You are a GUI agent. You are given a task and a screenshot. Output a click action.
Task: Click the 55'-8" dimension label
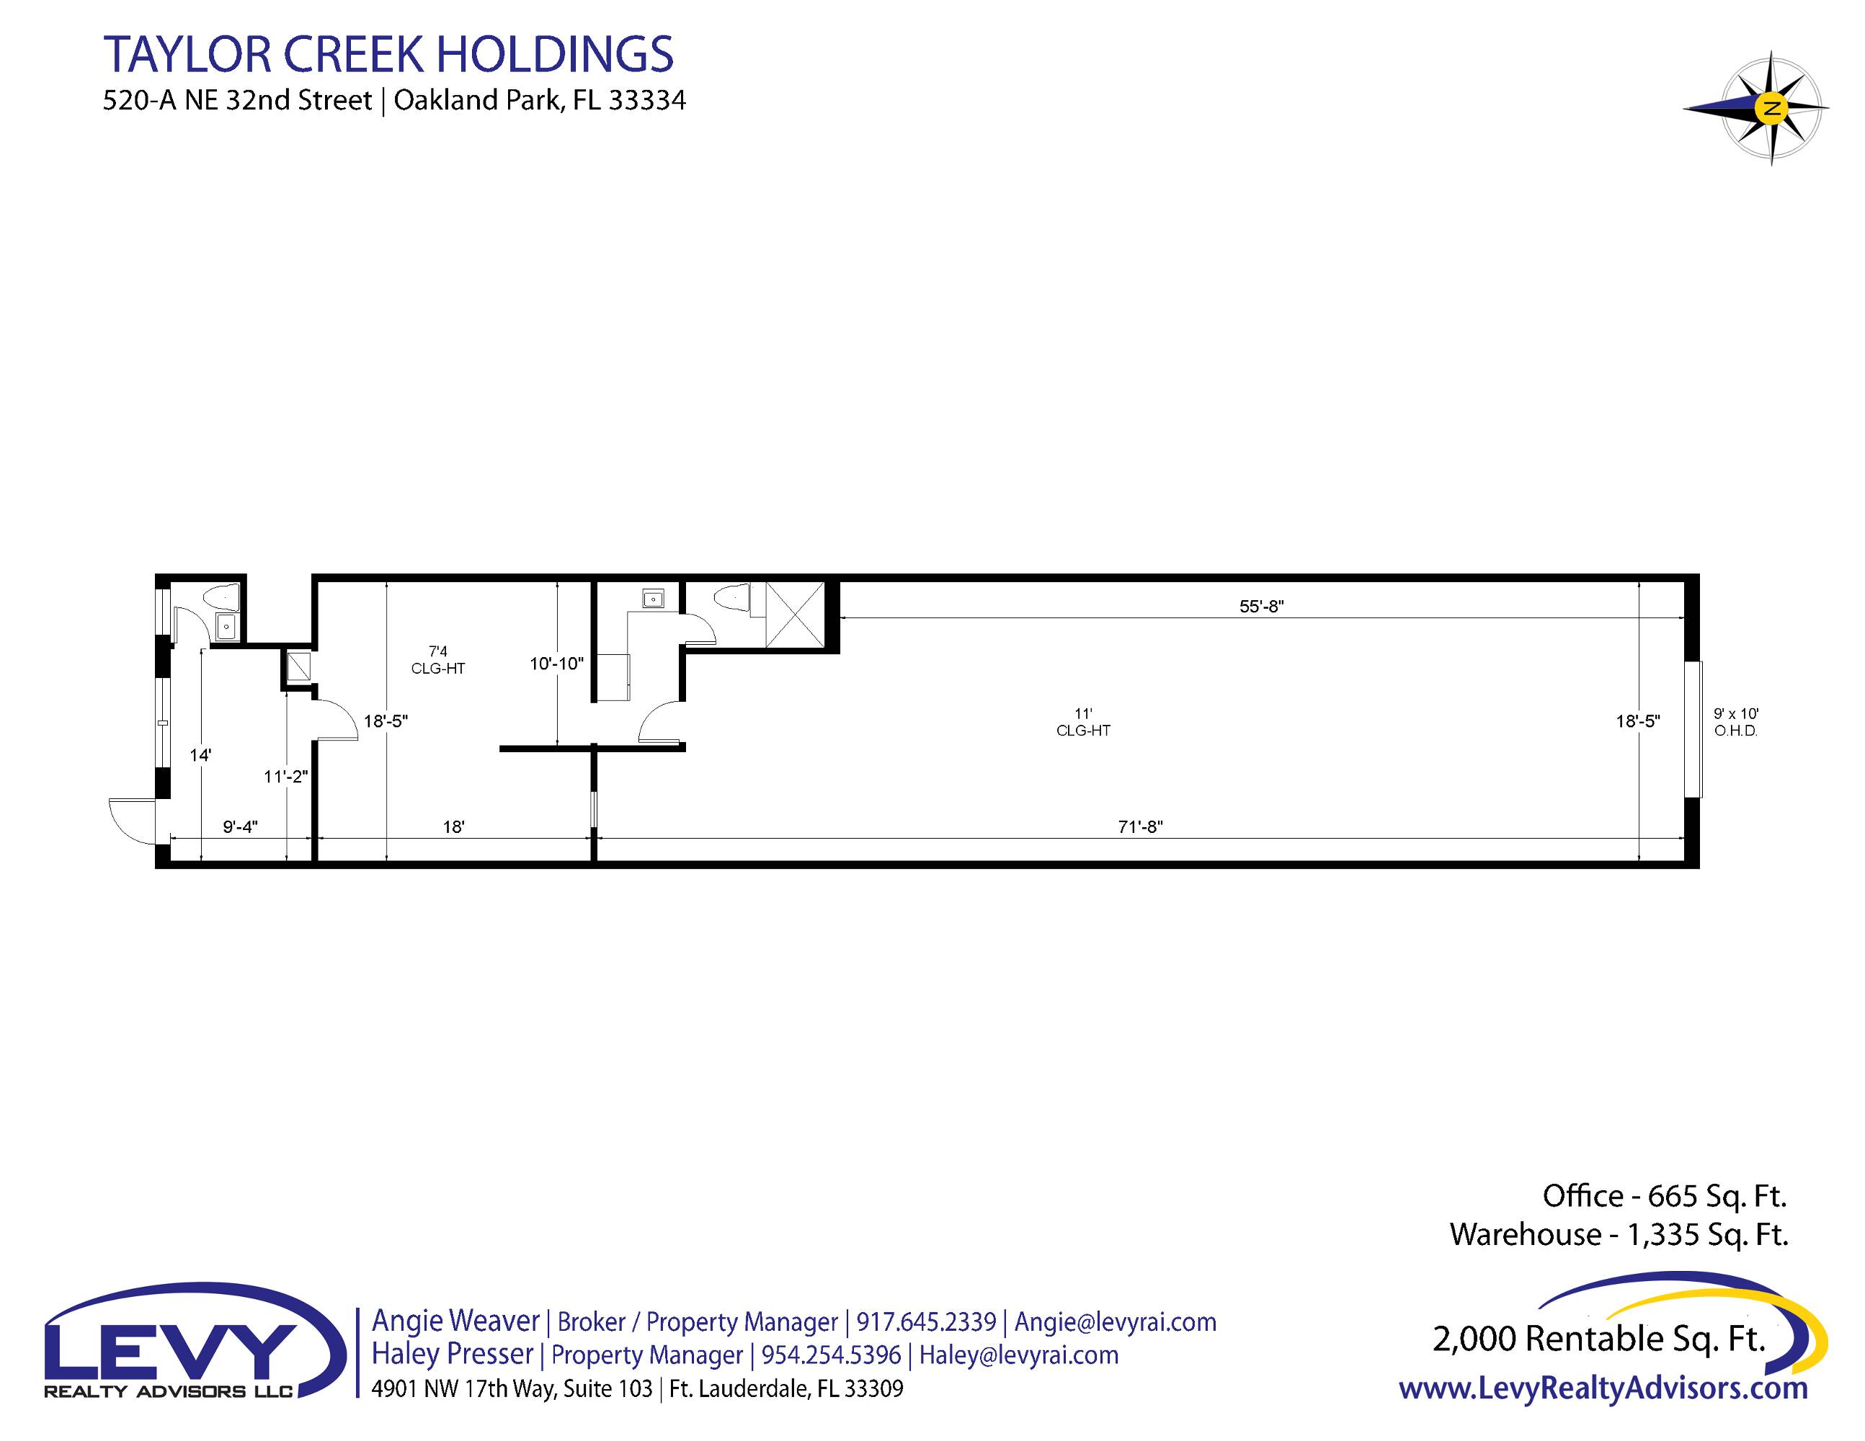point(1261,606)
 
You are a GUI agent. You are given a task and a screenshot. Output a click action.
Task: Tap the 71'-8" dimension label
point(1140,826)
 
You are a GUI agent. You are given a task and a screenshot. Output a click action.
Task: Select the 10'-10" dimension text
point(556,664)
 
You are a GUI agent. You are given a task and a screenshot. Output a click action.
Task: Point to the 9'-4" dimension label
point(240,826)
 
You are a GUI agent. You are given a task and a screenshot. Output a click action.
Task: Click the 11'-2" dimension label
point(285,776)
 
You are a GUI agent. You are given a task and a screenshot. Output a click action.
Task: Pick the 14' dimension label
point(200,754)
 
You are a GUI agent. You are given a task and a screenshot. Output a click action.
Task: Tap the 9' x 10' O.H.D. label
point(1736,722)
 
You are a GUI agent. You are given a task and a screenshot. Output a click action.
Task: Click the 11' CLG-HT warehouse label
point(1083,722)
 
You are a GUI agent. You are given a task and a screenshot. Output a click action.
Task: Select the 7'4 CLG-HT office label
point(438,660)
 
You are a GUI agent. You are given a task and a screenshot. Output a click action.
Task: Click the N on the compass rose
point(1772,108)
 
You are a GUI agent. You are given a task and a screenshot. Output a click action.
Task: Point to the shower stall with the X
point(795,615)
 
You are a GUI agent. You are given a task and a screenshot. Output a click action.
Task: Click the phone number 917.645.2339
point(926,1321)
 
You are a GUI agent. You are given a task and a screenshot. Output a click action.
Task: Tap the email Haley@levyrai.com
point(1019,1355)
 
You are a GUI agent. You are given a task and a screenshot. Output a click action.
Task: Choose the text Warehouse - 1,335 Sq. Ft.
point(1619,1234)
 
